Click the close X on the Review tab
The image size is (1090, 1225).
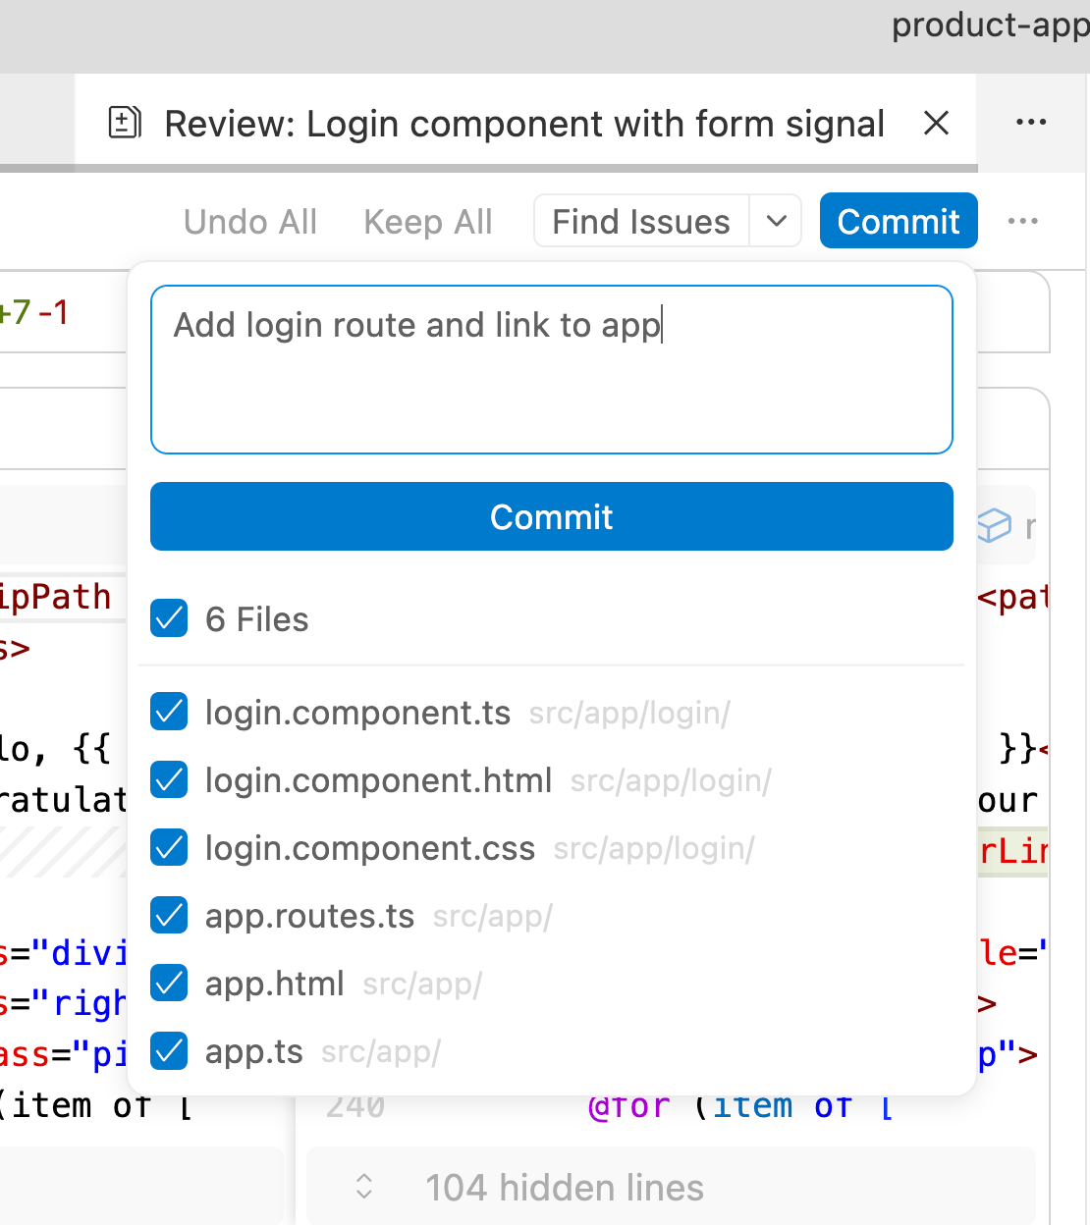pos(936,124)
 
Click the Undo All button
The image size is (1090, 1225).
pos(250,222)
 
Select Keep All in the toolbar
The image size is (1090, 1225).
pos(428,222)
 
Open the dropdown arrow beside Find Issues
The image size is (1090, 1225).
pos(776,221)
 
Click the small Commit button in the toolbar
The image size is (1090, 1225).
pos(898,222)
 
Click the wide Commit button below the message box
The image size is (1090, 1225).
pos(551,516)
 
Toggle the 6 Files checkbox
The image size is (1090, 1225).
pos(170,619)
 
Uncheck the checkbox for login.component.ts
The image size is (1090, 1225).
pos(170,713)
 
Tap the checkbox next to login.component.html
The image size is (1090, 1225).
pos(170,780)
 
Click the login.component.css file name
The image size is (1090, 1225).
pos(369,848)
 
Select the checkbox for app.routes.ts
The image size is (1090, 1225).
pos(170,916)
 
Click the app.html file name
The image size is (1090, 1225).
pos(274,984)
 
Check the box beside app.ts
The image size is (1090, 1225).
pos(170,1051)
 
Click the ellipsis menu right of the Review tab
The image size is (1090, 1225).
pos(1030,123)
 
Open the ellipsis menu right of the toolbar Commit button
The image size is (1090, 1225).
pos(1022,222)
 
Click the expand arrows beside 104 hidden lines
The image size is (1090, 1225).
pos(364,1187)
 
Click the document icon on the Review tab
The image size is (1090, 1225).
pos(125,124)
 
